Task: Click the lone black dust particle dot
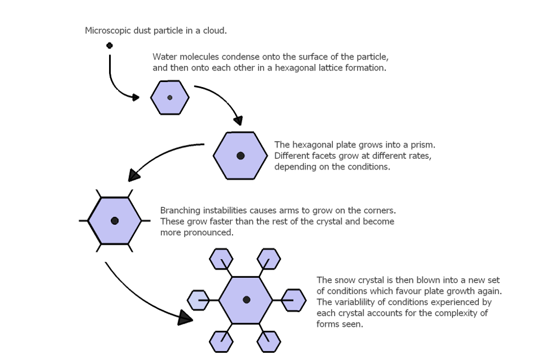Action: [110, 46]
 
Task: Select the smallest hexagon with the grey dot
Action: [170, 98]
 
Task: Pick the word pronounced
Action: [210, 233]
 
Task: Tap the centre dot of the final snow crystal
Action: [246, 299]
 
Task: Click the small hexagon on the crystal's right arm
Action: [294, 300]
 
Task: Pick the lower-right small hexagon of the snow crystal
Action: [269, 341]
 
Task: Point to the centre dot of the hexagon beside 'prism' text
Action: [240, 156]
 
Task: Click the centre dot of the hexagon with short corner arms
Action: [115, 221]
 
